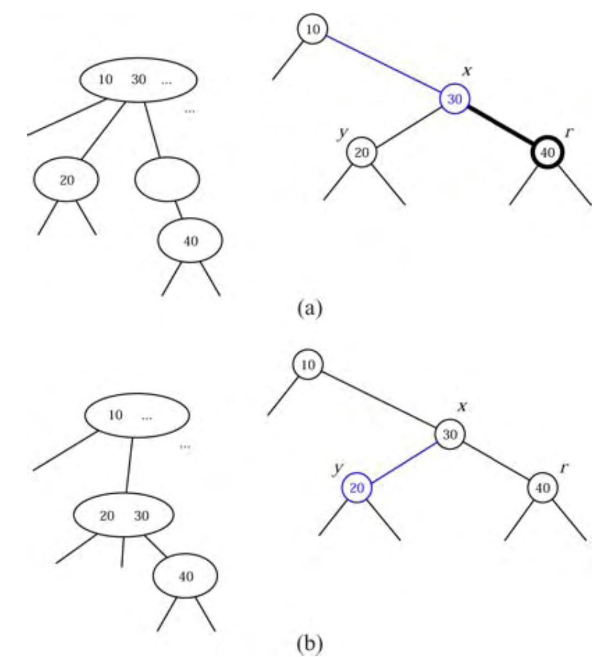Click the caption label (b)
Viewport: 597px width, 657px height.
pos(309,644)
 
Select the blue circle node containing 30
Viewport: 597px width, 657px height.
pos(454,99)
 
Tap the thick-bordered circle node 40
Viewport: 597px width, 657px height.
pos(547,152)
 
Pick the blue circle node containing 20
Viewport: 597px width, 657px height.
pos(357,488)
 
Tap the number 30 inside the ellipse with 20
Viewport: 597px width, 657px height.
pos(141,516)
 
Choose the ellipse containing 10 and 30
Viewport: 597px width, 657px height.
pos(138,79)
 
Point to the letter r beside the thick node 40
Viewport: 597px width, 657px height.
pos(569,133)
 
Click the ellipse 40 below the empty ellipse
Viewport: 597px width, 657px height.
pos(190,241)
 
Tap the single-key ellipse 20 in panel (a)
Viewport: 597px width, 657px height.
pos(66,179)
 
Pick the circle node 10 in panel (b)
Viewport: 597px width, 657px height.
pos(308,365)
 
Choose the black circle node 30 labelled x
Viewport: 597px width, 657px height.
pos(449,435)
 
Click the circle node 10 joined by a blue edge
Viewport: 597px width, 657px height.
pos(312,29)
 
